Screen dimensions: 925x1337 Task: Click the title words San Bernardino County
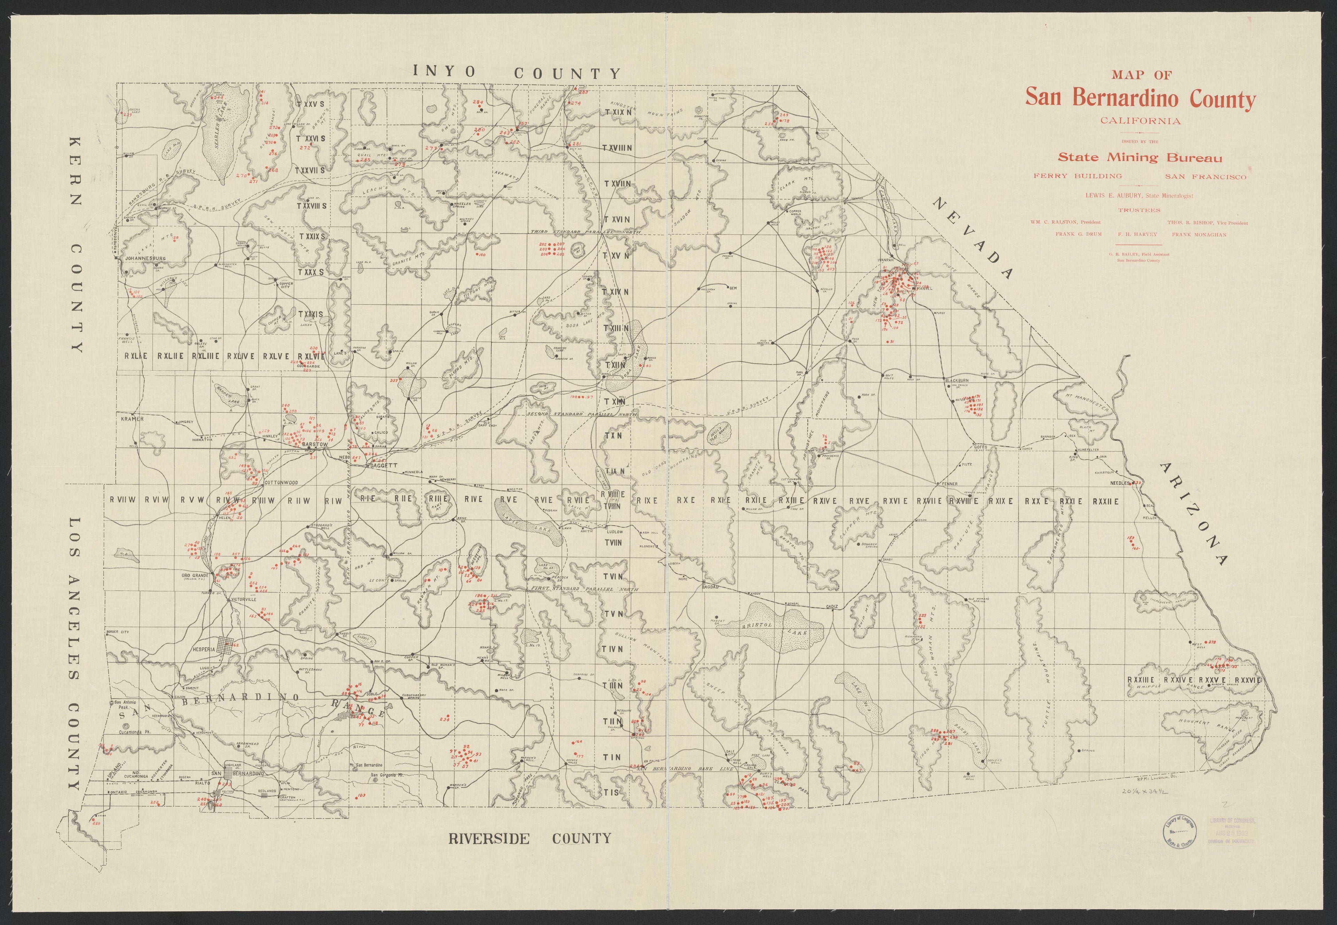pyautogui.click(x=1140, y=99)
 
